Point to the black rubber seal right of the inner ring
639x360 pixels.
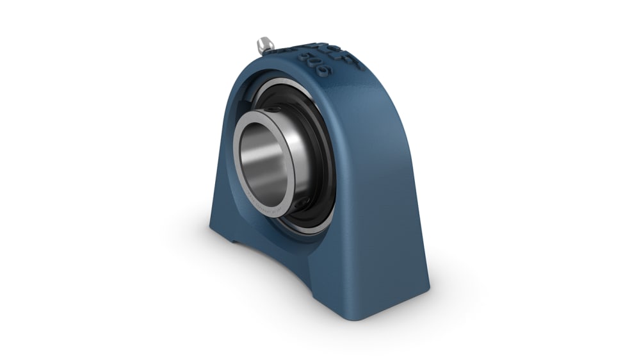[320, 154]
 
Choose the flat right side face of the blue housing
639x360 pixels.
[384, 192]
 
